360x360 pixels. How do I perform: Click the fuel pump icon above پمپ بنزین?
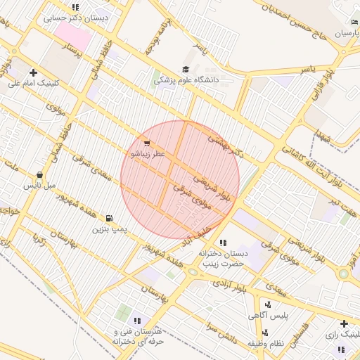pos(109,218)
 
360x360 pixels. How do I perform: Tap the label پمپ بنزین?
pos(109,229)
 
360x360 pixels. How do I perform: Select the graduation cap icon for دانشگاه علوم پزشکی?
pos(185,70)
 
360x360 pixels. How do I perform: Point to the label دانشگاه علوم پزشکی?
pos(187,81)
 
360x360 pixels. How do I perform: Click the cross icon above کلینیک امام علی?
pos(33,72)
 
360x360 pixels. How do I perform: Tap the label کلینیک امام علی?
pos(34,83)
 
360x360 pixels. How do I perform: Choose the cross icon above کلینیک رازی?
pos(343,323)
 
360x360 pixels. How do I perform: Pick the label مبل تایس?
pos(39,186)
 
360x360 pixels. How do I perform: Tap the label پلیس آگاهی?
pos(269,316)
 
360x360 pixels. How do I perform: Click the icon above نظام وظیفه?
pos(264,333)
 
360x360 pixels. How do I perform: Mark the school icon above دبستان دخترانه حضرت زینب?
pos(223,243)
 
